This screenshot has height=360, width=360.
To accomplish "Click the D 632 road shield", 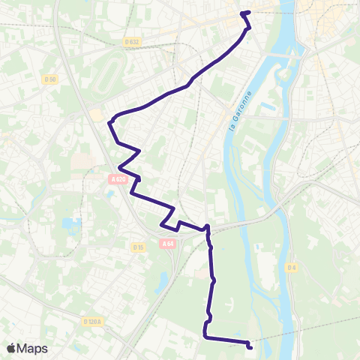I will pos(133,42).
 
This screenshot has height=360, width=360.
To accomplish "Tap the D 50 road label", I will pos(50,79).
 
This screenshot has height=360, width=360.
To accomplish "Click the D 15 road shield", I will pos(137,247).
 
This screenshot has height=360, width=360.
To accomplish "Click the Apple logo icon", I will pos(11,348).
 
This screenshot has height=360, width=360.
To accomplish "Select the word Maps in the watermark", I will pos(33,348).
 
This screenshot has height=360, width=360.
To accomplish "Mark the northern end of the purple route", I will pos(243,13).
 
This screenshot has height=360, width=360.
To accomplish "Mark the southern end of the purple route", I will pos(250,346).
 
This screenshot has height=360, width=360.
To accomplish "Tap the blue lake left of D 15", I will pos(72,226).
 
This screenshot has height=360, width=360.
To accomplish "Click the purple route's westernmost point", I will pos(110,121).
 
